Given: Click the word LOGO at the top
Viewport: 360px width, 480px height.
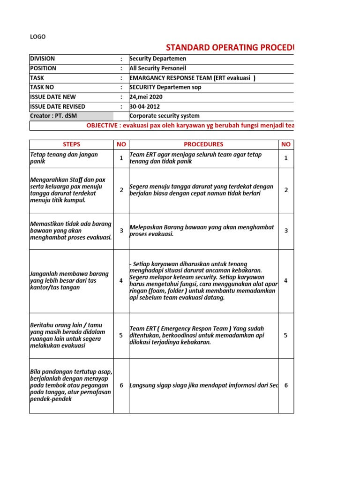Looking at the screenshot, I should [x=38, y=37].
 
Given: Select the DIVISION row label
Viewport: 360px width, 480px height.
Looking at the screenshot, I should [x=42, y=59].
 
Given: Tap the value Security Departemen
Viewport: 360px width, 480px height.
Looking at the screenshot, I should [x=157, y=59].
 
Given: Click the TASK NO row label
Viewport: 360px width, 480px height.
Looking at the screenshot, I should [x=42, y=87].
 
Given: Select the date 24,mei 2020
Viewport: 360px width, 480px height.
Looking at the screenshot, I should [x=147, y=97].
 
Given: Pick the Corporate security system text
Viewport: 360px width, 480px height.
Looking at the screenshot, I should [x=164, y=116].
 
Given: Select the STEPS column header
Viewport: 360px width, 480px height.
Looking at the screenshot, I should [x=71, y=144].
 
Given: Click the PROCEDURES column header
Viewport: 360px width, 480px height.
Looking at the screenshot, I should [x=203, y=144].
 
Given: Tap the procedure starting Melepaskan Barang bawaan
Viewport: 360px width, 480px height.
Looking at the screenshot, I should [x=202, y=231].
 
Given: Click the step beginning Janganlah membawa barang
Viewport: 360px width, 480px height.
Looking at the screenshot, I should [x=69, y=280].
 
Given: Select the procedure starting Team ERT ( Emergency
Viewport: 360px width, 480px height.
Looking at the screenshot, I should [x=197, y=335].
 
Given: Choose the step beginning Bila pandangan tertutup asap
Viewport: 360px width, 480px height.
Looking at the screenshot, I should [x=71, y=385].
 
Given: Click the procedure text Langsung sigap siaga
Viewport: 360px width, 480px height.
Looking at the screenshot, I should [x=203, y=385].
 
